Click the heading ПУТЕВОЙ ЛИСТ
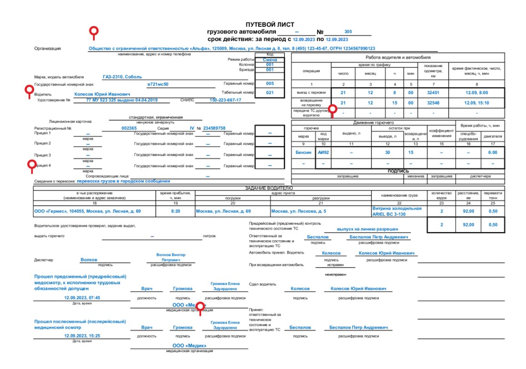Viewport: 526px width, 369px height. [x=270, y=25]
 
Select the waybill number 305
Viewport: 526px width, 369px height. [x=348, y=32]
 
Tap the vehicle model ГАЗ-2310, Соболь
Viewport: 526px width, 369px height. [x=123, y=77]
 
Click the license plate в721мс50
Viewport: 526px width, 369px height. [x=158, y=84]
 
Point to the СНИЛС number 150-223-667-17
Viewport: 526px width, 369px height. [x=225, y=100]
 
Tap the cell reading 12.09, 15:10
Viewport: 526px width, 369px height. [x=477, y=103]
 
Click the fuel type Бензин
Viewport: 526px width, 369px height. [x=303, y=152]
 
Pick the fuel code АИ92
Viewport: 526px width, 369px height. [x=323, y=152]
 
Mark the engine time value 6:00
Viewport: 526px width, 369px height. [x=493, y=152]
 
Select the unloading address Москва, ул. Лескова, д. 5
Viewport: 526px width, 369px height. [x=299, y=211]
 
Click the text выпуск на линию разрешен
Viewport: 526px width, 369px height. [x=368, y=229]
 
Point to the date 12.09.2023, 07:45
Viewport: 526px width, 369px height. [x=82, y=298]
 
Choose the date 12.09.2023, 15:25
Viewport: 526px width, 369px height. [x=82, y=336]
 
